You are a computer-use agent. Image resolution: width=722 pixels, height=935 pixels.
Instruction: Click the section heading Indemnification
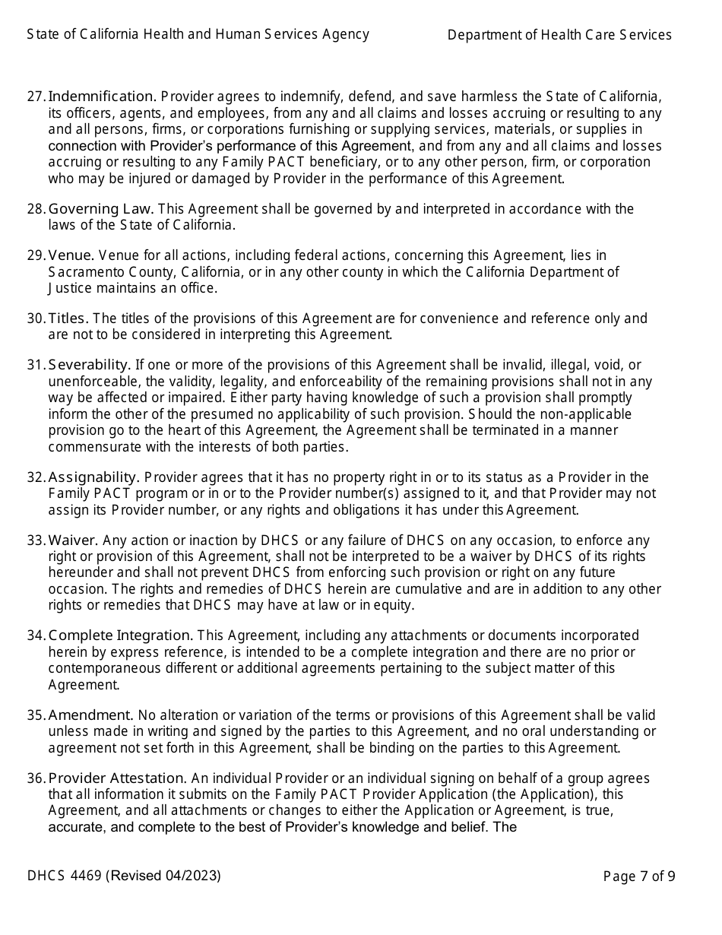click(x=102, y=97)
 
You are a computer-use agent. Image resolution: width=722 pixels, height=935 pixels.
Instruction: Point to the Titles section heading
click(x=68, y=319)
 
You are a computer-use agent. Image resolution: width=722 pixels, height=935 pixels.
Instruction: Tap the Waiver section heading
click(x=73, y=540)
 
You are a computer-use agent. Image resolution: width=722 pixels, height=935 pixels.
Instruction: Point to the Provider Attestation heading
click(x=117, y=778)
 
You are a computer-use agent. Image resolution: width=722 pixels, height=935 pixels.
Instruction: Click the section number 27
click(x=36, y=97)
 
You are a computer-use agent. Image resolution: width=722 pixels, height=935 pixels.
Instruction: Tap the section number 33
click(x=36, y=540)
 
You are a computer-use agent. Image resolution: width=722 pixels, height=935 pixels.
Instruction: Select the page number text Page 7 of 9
click(x=638, y=876)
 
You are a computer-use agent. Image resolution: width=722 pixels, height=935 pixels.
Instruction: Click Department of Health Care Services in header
click(x=559, y=35)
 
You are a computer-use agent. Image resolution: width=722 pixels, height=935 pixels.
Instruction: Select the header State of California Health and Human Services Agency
click(x=198, y=34)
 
